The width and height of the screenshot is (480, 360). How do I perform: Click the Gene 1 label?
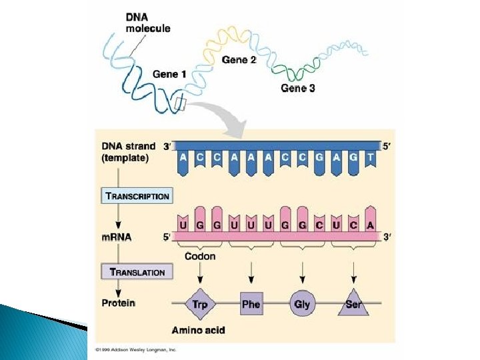tap(169, 74)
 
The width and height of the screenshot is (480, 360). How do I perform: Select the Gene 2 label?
tap(239, 60)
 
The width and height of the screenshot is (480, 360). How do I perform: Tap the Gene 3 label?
tap(297, 88)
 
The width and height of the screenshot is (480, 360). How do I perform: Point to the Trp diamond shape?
tap(199, 304)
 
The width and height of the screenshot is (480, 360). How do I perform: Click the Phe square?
tap(251, 304)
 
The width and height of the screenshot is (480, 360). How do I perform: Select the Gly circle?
tap(302, 304)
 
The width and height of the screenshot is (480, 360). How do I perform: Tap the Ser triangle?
tap(353, 304)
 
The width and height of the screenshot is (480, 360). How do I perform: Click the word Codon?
tap(200, 256)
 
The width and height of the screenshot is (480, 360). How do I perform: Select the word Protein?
tap(118, 303)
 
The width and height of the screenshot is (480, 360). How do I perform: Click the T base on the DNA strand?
tap(371, 158)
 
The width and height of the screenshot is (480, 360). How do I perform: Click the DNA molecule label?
tap(147, 23)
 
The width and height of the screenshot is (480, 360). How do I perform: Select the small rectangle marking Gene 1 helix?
tap(180, 103)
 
